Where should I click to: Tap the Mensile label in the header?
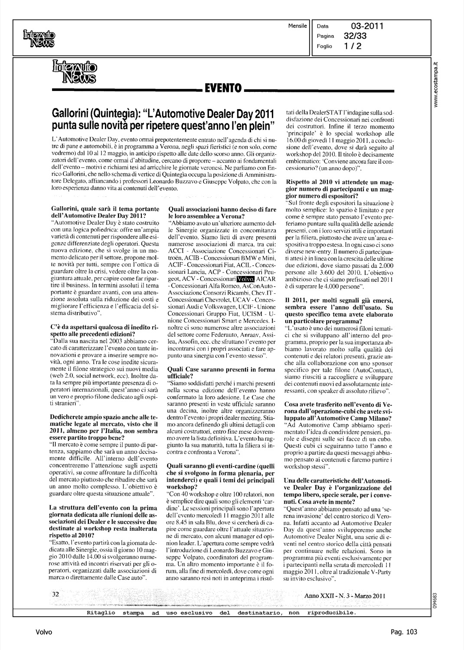point(297,26)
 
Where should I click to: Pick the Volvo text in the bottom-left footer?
point(44,632)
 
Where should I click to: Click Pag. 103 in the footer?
point(403,632)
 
